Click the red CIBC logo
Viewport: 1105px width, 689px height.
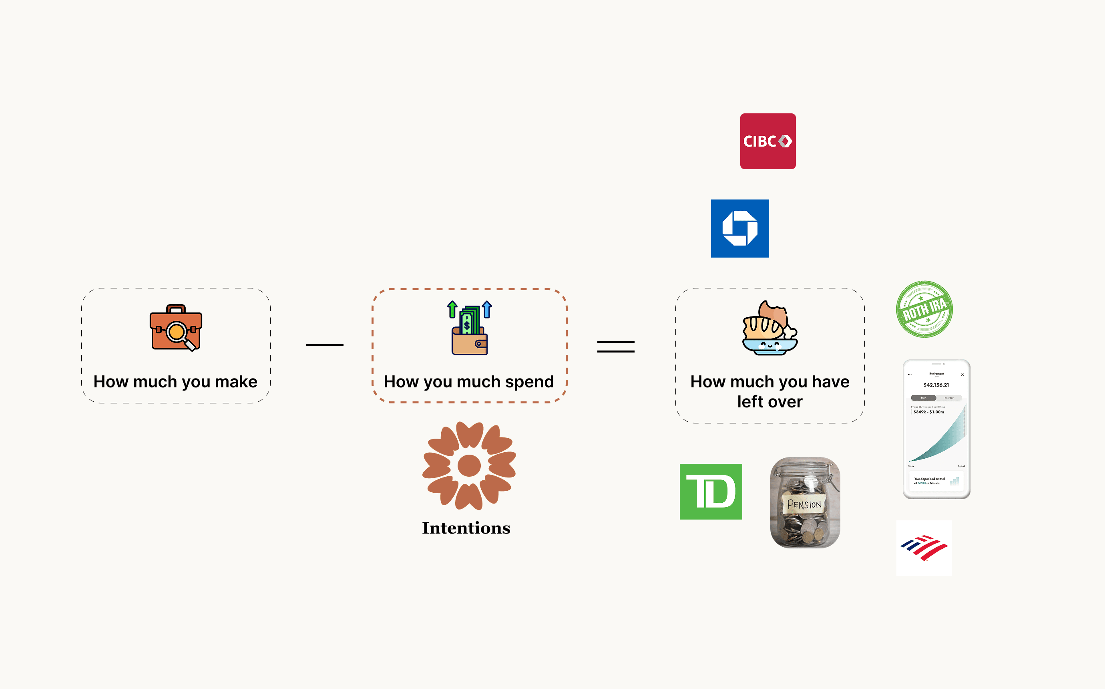(767, 141)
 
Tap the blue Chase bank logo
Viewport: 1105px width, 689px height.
(740, 228)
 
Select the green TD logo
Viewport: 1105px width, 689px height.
(711, 492)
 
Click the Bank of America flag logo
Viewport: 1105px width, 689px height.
(924, 548)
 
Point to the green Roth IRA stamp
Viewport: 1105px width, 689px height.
(924, 309)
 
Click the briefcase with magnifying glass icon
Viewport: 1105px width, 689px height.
(176, 328)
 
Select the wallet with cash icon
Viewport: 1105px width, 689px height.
(469, 328)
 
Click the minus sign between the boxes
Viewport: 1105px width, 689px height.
(325, 344)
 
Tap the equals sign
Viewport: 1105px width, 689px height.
(616, 347)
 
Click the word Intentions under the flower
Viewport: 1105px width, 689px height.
(466, 528)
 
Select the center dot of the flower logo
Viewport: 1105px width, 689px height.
(469, 465)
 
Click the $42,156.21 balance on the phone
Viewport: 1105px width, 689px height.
(936, 385)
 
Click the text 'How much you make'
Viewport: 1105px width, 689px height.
(175, 382)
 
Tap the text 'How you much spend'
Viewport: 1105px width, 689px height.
(469, 382)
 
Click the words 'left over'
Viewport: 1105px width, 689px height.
(769, 402)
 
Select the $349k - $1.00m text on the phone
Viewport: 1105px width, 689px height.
(929, 412)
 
